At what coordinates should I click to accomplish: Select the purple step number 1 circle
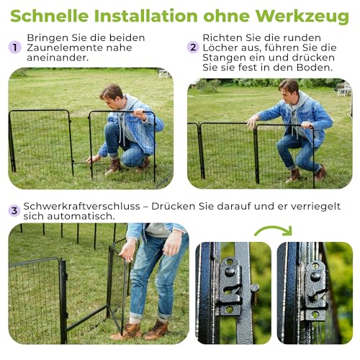14,47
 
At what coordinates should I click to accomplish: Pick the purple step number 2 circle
192,47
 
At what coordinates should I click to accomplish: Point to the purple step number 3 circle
14,210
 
